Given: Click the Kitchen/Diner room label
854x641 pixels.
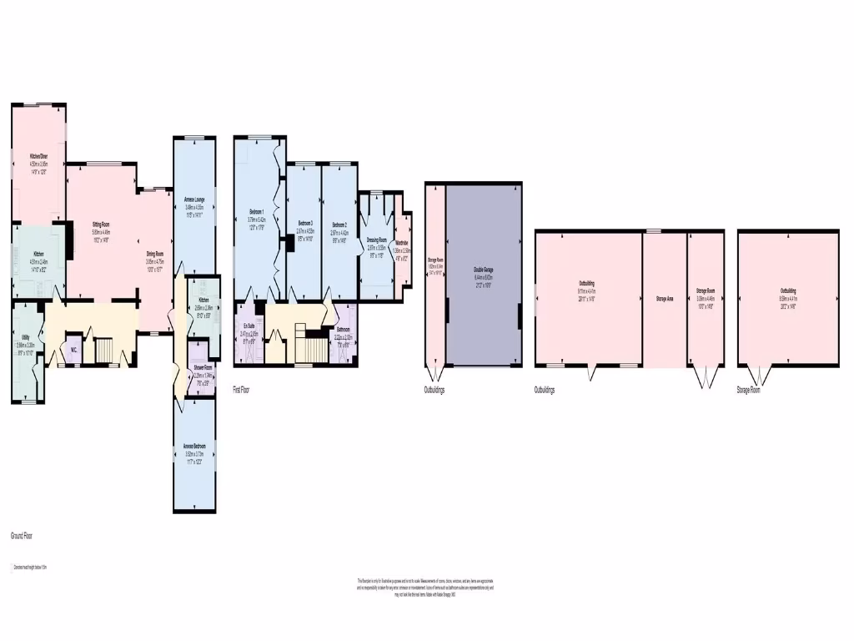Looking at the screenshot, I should tap(39, 157).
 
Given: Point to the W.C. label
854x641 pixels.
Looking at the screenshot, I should tap(73, 350).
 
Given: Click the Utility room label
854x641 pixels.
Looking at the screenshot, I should tap(26, 336).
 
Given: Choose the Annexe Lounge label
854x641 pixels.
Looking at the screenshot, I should tap(193, 199).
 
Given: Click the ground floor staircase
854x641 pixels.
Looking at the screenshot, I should tap(106, 351).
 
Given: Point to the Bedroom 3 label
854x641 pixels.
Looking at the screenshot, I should tap(305, 224).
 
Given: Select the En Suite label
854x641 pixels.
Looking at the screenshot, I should tap(249, 326).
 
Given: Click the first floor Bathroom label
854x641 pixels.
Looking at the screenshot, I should tap(343, 330).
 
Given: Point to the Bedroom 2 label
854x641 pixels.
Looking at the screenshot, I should tap(339, 225).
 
